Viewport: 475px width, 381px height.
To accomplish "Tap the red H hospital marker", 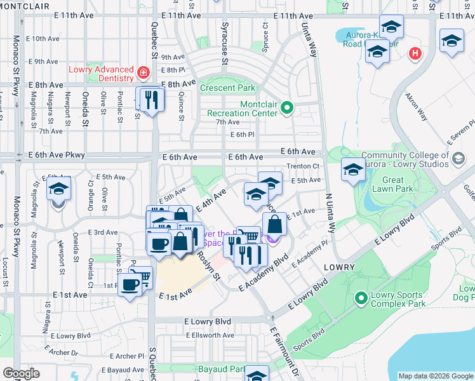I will tap(416, 53).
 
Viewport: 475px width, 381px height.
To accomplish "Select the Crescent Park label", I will tap(227, 88).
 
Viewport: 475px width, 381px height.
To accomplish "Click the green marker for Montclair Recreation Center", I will tap(286, 108).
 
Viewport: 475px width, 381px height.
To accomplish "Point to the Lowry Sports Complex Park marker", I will tap(361, 297).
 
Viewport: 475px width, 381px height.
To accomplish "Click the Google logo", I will tap(21, 373).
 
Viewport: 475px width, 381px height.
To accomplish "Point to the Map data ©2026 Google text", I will tap(435, 376).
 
